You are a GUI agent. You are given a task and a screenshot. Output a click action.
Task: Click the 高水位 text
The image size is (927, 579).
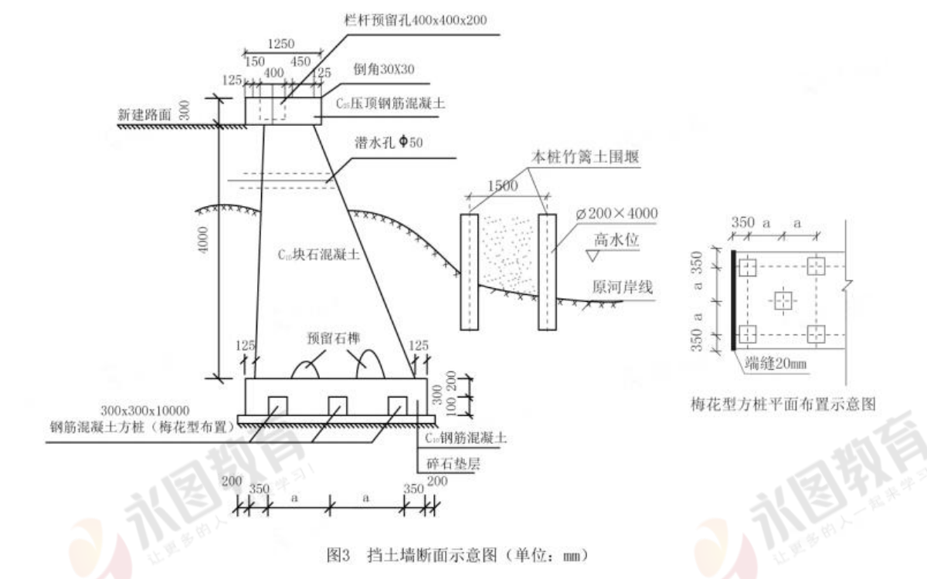click(x=615, y=239)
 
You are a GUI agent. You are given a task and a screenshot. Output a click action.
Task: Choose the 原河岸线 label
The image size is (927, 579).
click(x=623, y=288)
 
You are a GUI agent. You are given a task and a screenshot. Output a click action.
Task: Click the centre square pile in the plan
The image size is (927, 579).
click(x=783, y=300)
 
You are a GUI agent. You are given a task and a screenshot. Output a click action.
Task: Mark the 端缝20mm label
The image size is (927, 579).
click(x=776, y=363)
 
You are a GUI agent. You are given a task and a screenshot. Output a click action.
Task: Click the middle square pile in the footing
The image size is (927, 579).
click(x=337, y=405)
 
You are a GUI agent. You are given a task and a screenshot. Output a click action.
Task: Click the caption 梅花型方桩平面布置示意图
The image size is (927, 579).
click(x=783, y=403)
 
